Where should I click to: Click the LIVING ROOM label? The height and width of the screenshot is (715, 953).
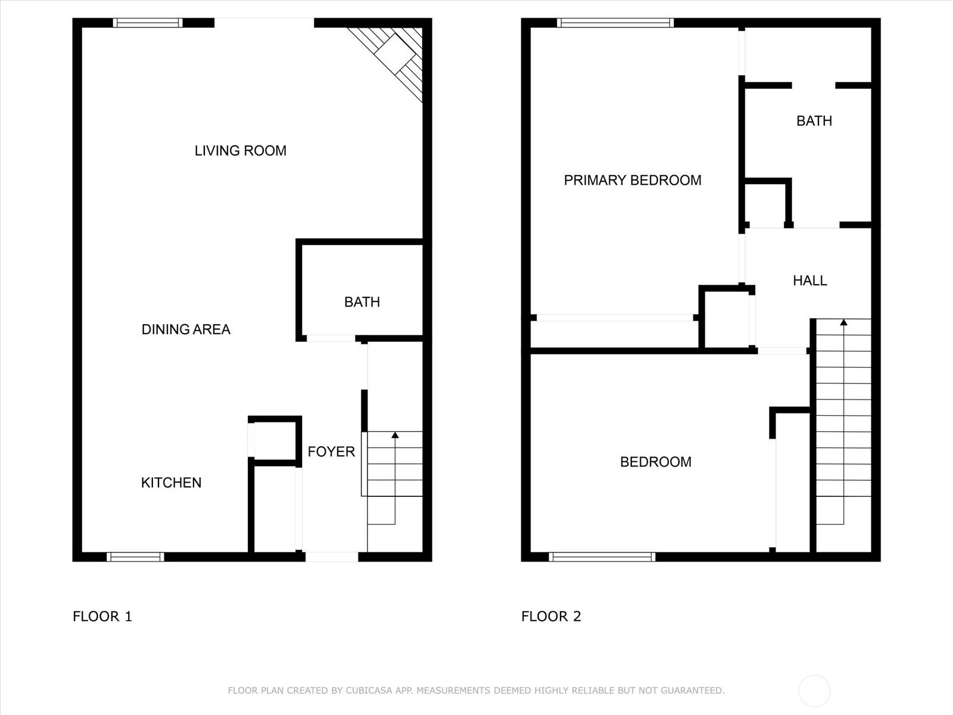click(240, 151)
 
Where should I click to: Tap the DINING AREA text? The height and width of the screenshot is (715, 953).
click(186, 329)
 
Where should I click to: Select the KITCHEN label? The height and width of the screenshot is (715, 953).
click(171, 483)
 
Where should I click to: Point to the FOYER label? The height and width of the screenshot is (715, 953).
click(331, 452)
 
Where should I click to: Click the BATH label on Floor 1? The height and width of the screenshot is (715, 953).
click(362, 302)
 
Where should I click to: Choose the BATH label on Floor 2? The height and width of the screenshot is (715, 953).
click(814, 121)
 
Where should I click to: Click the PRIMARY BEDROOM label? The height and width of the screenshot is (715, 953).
click(633, 180)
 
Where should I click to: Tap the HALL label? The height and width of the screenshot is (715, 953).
click(809, 281)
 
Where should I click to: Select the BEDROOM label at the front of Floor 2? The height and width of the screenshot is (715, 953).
click(656, 462)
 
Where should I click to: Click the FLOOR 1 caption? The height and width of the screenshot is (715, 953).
click(102, 617)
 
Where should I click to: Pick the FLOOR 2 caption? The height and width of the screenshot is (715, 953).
click(551, 617)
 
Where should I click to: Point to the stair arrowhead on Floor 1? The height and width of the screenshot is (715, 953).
click(395, 434)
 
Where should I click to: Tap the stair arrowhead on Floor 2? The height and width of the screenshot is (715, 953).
click(843, 322)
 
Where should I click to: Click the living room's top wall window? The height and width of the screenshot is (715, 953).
click(148, 23)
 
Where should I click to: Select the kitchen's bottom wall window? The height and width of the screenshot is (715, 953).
click(135, 557)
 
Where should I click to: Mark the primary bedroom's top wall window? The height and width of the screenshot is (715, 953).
click(615, 23)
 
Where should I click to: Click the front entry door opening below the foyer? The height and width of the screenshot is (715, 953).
click(332, 557)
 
